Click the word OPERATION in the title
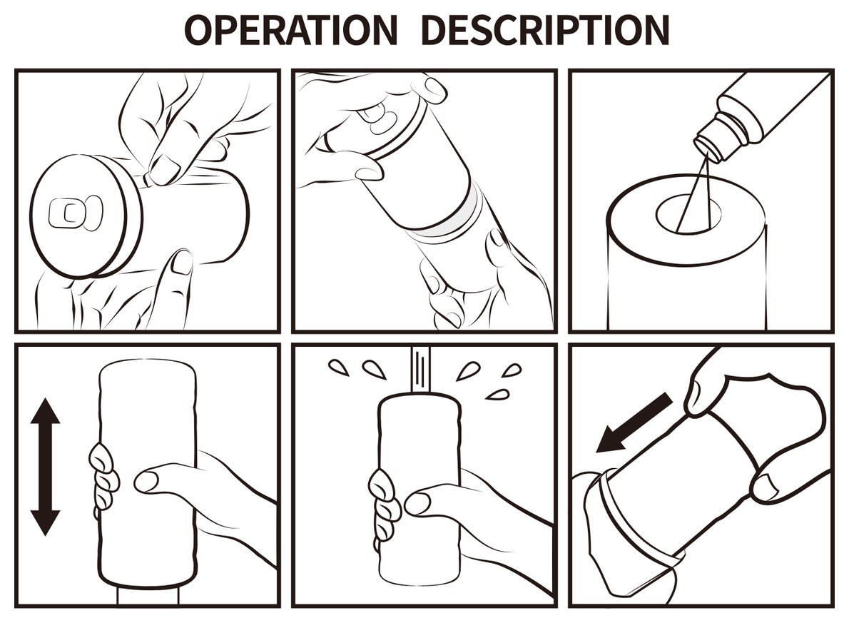click(291, 30)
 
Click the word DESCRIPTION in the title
click(544, 30)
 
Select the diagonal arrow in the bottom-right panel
click(634, 422)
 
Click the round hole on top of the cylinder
click(688, 215)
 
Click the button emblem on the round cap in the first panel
click(75, 213)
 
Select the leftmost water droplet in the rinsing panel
click(339, 367)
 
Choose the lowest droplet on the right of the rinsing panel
click(497, 395)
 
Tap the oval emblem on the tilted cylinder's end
click(377, 115)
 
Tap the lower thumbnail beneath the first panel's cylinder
click(181, 263)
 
